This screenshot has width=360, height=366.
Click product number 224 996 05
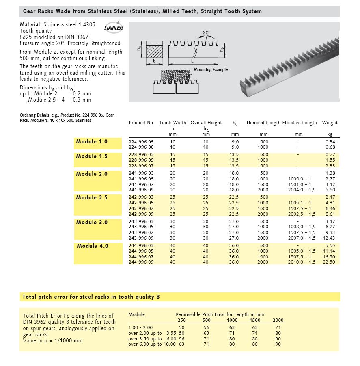click(141, 141)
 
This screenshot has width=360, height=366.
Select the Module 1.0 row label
click(92, 142)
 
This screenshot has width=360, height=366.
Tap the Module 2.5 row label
click(92, 198)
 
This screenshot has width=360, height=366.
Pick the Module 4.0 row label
click(93, 246)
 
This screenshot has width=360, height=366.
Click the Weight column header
click(330, 123)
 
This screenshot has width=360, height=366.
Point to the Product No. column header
click(141, 123)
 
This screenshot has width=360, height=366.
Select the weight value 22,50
click(329, 262)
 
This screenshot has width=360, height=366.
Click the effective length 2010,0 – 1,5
click(301, 262)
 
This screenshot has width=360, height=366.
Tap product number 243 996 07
click(141, 232)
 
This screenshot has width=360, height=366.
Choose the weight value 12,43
click(329, 238)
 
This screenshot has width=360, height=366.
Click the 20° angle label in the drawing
click(206, 32)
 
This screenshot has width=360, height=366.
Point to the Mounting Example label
click(211, 70)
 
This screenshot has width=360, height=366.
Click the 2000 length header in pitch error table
click(278, 320)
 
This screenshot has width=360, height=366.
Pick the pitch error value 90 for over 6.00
click(278, 344)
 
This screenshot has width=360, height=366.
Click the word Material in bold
click(30, 24)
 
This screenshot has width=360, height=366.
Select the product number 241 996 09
click(141, 190)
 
